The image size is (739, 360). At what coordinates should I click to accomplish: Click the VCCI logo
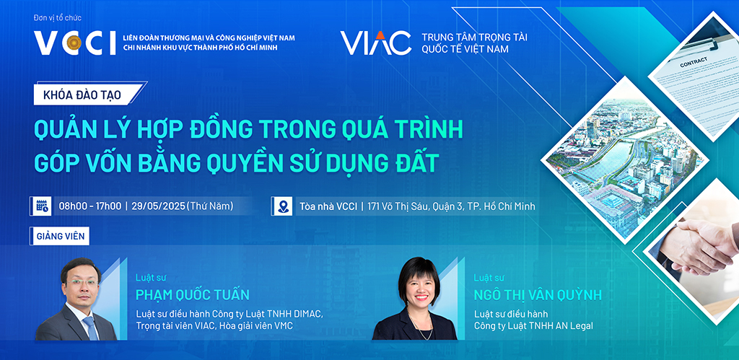coord(74,43)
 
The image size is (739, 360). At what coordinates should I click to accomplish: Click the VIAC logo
coord(376,43)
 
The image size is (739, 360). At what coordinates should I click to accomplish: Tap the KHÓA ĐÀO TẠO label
coord(82,95)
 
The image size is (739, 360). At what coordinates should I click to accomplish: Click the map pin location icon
coord(283,206)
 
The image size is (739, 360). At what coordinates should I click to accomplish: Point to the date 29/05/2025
coord(158,206)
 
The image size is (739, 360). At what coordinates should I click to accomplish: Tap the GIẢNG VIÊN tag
coord(61,236)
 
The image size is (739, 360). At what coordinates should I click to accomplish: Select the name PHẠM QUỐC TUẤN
coord(192,295)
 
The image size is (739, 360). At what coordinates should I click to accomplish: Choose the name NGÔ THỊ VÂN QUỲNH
coord(538,295)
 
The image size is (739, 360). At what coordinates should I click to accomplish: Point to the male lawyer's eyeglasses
coord(82,282)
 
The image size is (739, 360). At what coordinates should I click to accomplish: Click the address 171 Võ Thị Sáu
coord(396,206)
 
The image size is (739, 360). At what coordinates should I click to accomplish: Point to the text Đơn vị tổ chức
coord(58,18)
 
